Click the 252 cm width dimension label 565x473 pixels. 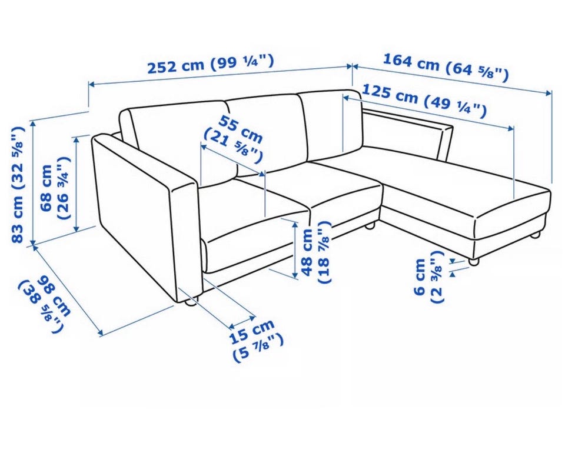coord(211,65)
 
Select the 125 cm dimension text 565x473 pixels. coord(424,101)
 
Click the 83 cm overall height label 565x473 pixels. coord(18,184)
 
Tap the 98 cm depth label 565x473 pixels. coord(46,302)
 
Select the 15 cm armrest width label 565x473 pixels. coord(256,340)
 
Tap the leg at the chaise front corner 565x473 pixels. coord(473,262)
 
